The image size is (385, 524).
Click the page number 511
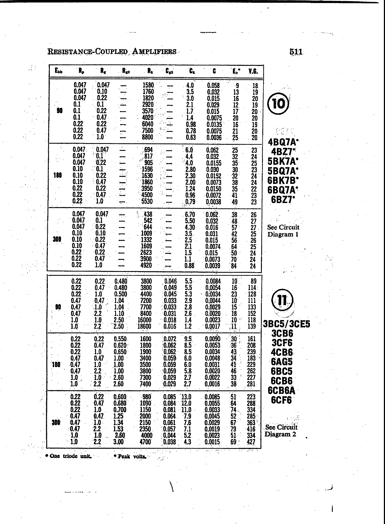click(x=296, y=52)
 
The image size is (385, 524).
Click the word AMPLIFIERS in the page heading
click(x=154, y=51)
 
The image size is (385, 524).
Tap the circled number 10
click(x=278, y=104)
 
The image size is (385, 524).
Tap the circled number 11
click(x=282, y=300)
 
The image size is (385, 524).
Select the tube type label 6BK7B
click(x=283, y=180)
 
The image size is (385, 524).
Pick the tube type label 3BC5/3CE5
click(x=287, y=324)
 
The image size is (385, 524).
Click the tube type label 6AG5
click(x=282, y=362)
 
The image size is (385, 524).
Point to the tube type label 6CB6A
click(x=282, y=390)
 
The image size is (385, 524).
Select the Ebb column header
click(x=59, y=71)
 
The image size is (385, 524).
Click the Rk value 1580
click(x=148, y=85)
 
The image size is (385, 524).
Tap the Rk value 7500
click(x=147, y=131)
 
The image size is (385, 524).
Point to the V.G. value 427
click(x=251, y=442)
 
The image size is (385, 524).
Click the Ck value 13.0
click(x=186, y=397)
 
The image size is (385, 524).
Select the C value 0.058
click(x=213, y=85)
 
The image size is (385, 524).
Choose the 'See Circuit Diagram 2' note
click(x=281, y=431)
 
